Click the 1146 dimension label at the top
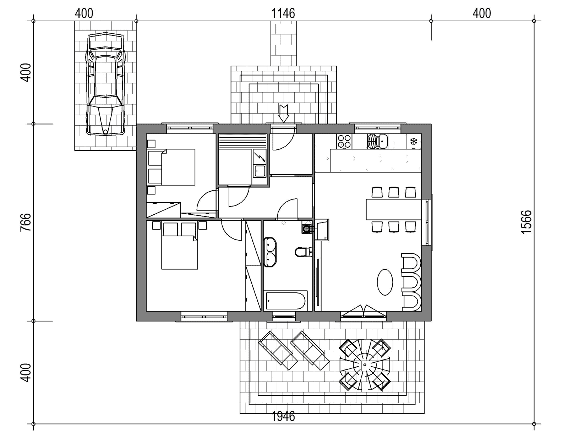pos(283,13)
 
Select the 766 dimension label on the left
pos(26,222)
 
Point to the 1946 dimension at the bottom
pos(283,416)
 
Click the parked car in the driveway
pos(105,84)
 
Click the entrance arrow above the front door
pos(284,114)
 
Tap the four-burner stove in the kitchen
pos(344,141)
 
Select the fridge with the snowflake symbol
pos(414,141)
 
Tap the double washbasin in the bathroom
pos(270,252)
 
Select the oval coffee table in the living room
pos(385,282)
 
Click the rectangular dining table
pos(394,209)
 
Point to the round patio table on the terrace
pos(365,365)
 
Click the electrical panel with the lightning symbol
pos(259,157)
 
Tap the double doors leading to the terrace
pos(363,311)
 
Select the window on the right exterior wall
pos(427,222)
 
